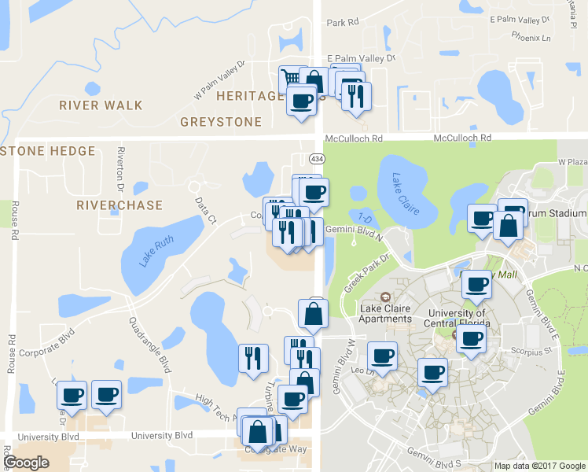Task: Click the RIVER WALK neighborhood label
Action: pos(101,105)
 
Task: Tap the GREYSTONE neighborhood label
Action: pos(220,122)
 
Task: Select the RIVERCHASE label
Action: pos(119,205)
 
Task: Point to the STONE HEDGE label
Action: pos(49,151)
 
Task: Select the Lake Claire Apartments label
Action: pos(385,313)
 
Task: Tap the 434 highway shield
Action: pos(317,159)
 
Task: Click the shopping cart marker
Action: pos(291,77)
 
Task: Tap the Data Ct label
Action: pos(207,208)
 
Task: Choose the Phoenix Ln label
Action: pos(531,36)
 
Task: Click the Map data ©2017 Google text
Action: pos(539,466)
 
